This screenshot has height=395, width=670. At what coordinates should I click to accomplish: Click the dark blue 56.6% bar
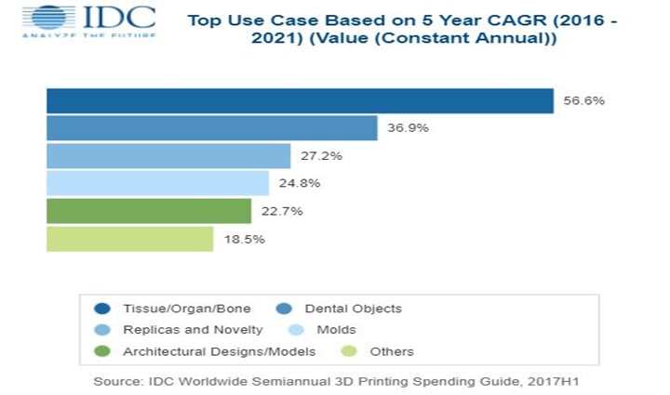click(x=300, y=100)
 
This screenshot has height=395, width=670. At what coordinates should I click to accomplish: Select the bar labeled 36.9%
click(x=212, y=128)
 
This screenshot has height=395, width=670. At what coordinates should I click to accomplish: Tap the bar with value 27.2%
click(x=168, y=155)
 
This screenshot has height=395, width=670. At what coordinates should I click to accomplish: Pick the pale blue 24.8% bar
click(x=157, y=183)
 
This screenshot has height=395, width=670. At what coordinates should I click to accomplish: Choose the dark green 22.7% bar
click(x=149, y=211)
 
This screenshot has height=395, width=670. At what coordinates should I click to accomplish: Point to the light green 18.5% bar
click(x=130, y=239)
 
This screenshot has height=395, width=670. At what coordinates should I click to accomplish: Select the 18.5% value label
click(x=244, y=239)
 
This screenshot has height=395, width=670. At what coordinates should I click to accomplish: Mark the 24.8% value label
click(x=299, y=183)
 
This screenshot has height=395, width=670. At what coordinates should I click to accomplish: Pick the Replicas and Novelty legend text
click(x=193, y=330)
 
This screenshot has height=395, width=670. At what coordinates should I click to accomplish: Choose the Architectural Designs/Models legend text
click(x=219, y=351)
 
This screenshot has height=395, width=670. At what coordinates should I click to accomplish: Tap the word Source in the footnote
click(x=117, y=382)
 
